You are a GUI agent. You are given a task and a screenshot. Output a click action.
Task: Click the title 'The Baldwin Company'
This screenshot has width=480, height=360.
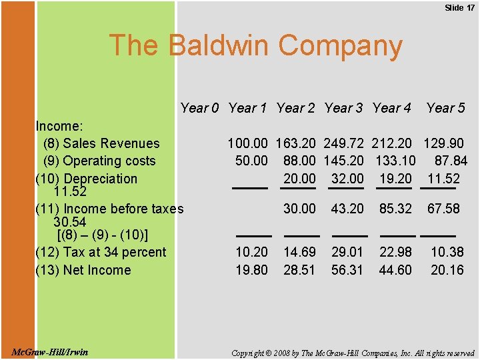tap(255, 45)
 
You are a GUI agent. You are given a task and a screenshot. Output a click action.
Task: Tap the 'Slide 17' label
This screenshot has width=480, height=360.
tap(459, 7)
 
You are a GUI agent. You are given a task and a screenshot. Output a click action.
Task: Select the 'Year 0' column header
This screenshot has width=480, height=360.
tap(199, 108)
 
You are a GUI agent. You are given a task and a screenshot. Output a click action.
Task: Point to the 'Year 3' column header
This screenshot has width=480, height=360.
tap(344, 108)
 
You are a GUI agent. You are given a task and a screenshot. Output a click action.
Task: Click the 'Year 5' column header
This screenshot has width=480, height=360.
tap(445, 108)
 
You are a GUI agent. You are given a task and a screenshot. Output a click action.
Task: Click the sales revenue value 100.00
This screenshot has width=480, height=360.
tap(248, 143)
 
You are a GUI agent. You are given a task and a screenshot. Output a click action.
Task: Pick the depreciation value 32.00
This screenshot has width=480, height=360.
tap(347, 179)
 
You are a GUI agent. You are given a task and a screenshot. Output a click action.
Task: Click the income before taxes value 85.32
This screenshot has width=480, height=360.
tap(395, 209)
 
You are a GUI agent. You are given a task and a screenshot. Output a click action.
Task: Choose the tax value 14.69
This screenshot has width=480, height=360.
tap(299, 252)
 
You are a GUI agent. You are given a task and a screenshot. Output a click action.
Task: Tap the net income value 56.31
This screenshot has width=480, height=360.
tap(347, 270)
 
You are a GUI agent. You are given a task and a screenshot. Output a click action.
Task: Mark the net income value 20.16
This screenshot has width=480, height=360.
tap(447, 270)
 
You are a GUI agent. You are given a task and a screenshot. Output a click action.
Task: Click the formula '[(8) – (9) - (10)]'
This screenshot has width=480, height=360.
tap(103, 235)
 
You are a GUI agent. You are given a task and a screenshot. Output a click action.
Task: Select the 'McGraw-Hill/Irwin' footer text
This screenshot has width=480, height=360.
tap(49, 351)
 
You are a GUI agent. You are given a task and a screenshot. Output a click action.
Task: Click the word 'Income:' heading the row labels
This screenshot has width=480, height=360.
tap(59, 126)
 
